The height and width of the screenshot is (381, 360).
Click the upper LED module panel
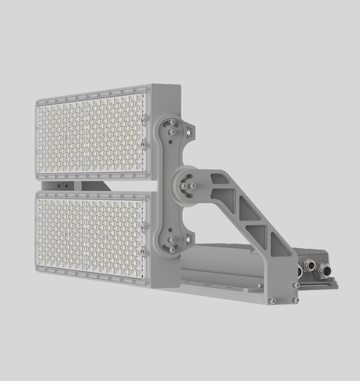[91, 135]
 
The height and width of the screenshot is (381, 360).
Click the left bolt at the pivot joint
[183, 186]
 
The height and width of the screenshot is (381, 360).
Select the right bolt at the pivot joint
[192, 186]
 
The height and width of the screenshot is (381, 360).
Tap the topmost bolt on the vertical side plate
[172, 122]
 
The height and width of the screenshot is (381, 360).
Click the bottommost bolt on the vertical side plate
[172, 249]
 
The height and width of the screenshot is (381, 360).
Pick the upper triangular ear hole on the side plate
[189, 132]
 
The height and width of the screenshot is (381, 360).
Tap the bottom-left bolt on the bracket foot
[272, 301]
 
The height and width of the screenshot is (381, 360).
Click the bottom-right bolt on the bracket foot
[295, 299]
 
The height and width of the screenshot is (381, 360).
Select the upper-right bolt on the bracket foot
[296, 285]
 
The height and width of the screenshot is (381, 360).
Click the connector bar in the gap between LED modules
[73, 185]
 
